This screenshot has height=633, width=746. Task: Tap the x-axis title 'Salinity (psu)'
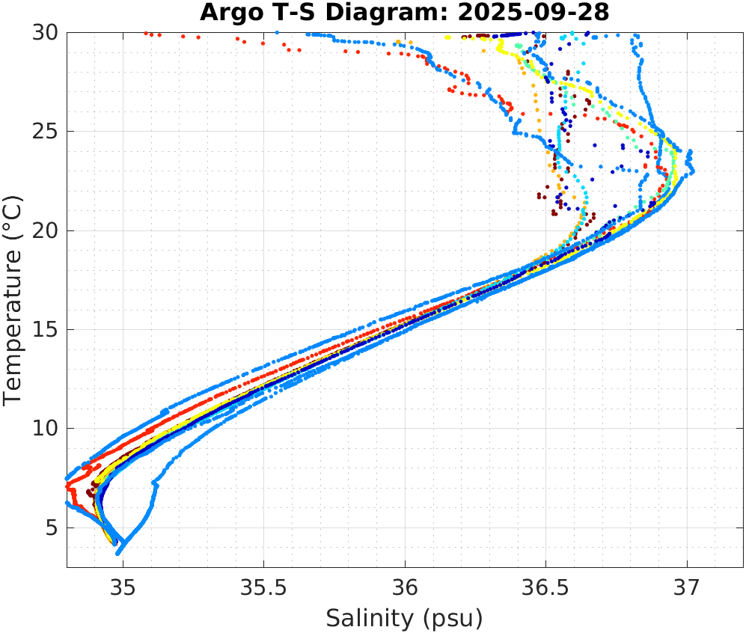point(404,618)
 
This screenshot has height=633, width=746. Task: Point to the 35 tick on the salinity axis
point(123,585)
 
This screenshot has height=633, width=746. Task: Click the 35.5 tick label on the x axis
point(264,585)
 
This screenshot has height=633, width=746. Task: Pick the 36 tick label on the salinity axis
point(405,585)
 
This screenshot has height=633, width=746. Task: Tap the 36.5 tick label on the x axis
point(545,585)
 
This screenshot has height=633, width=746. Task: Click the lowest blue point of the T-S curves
point(118,553)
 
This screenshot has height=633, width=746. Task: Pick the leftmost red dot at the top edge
point(146,33)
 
